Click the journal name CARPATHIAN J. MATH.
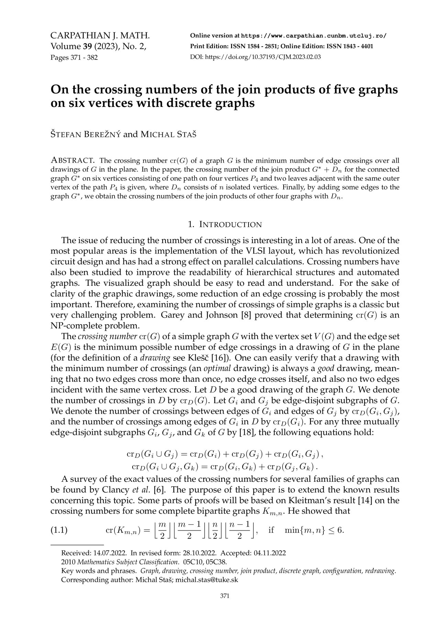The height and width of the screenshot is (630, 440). tap(100, 36)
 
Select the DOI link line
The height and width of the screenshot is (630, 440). tap(255, 57)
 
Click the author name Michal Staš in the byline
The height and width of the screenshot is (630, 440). tap(168, 134)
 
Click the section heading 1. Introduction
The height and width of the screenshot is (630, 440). tap(225, 225)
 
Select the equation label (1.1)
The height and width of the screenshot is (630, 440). tap(59, 530)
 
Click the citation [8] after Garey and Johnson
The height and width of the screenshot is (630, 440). tap(246, 315)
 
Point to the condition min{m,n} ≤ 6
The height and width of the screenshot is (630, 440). tap(314, 530)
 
